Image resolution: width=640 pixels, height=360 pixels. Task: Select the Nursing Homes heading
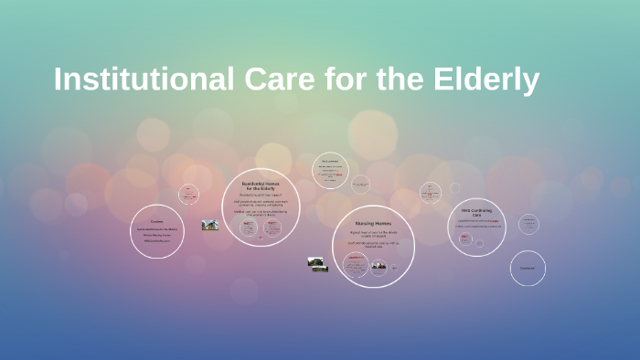pyautogui.click(x=372, y=223)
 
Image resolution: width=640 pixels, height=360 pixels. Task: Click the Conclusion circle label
pyautogui.click(x=528, y=268)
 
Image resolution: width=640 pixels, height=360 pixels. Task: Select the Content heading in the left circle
pyautogui.click(x=157, y=221)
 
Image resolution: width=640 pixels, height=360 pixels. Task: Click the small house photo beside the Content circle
pyautogui.click(x=210, y=225)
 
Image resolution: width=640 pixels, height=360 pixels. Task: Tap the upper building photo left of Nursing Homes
pyautogui.click(x=316, y=261)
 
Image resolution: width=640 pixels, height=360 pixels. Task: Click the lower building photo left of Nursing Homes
pyautogui.click(x=319, y=270)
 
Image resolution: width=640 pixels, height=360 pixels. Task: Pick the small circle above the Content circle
pyautogui.click(x=189, y=194)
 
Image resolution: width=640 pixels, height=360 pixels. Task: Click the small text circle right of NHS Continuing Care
pyautogui.click(x=528, y=224)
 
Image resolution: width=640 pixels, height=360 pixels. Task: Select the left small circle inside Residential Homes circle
pyautogui.click(x=248, y=228)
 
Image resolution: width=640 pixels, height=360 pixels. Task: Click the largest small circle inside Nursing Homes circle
pyautogui.click(x=355, y=265)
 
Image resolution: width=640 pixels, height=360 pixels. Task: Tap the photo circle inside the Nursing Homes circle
pyautogui.click(x=379, y=267)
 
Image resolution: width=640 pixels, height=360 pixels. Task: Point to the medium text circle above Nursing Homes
pyautogui.click(x=330, y=170)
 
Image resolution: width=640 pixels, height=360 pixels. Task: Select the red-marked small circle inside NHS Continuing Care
pyautogui.click(x=464, y=240)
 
